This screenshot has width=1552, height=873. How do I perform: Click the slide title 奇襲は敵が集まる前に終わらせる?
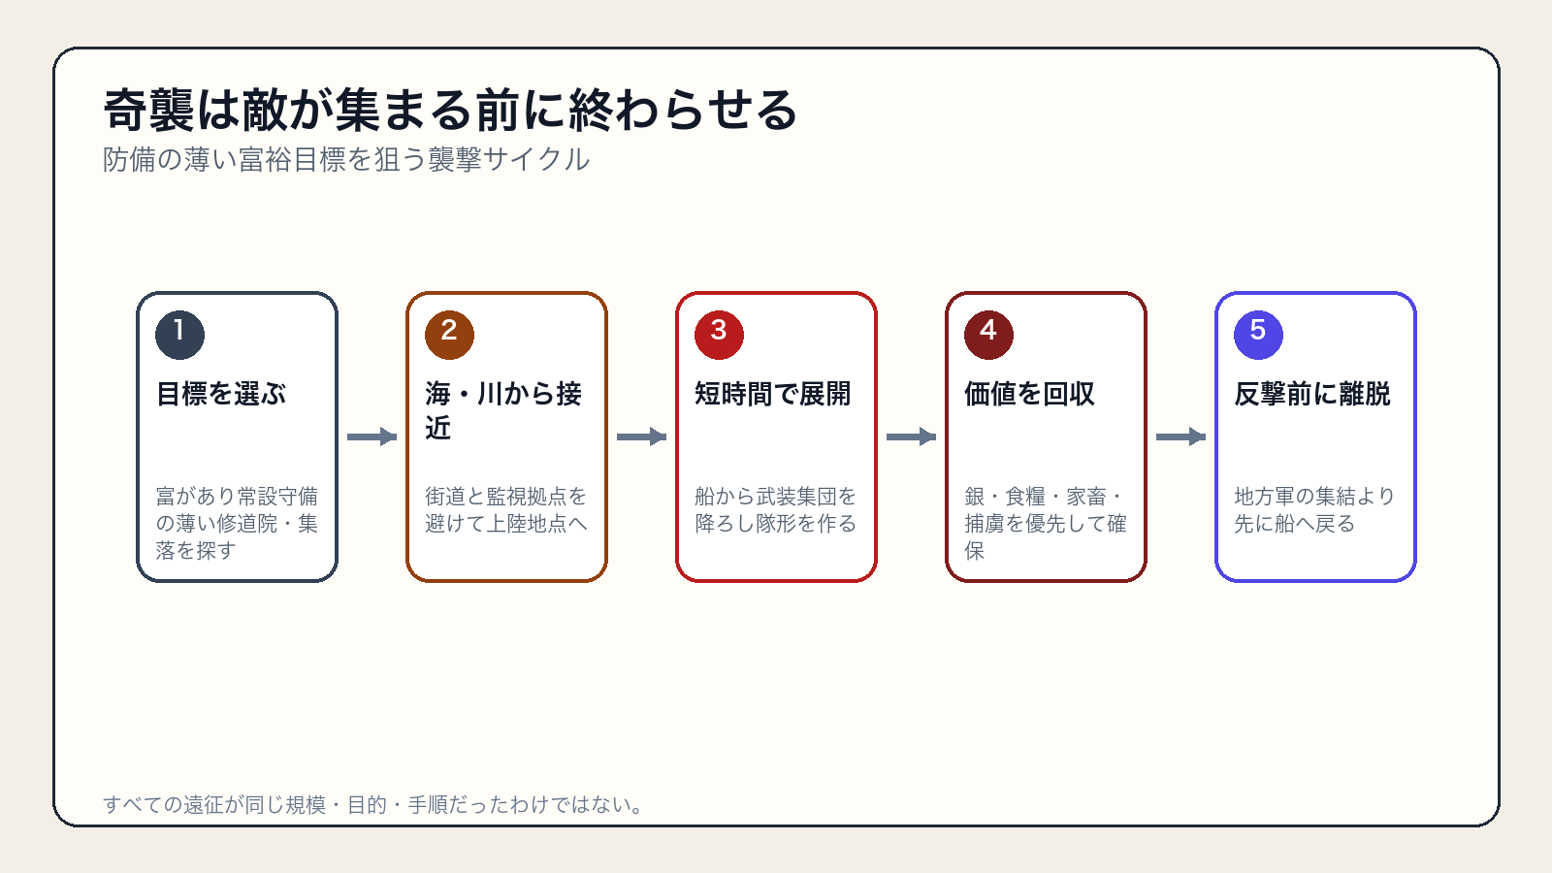point(450,111)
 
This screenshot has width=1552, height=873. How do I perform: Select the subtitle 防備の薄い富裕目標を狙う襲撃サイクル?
point(345,159)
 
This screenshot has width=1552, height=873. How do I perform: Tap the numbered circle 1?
point(180,335)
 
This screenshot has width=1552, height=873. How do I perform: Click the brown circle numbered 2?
point(450,335)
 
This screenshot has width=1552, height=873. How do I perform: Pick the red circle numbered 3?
point(719,335)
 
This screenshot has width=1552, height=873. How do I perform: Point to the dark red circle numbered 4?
point(988,335)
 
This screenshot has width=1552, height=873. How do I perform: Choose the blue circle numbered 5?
point(1258,335)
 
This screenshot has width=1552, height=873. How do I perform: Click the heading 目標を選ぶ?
point(221,394)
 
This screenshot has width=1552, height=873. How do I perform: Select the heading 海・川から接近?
point(503,410)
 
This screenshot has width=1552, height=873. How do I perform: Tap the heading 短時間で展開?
point(772,394)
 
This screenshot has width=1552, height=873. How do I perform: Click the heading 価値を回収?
point(1029,394)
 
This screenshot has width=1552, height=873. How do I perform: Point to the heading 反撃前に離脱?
point(1312,394)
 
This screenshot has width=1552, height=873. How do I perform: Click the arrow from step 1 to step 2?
point(372,436)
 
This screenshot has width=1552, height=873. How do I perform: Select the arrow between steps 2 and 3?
point(641,436)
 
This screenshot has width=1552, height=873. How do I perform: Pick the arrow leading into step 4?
point(911,436)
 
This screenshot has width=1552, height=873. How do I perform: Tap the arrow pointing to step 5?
point(1181,436)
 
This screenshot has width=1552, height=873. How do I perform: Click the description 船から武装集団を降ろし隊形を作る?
point(776,510)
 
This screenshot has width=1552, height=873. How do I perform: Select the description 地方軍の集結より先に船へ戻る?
point(1314,510)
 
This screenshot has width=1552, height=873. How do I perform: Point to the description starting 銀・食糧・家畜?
point(1046,523)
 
